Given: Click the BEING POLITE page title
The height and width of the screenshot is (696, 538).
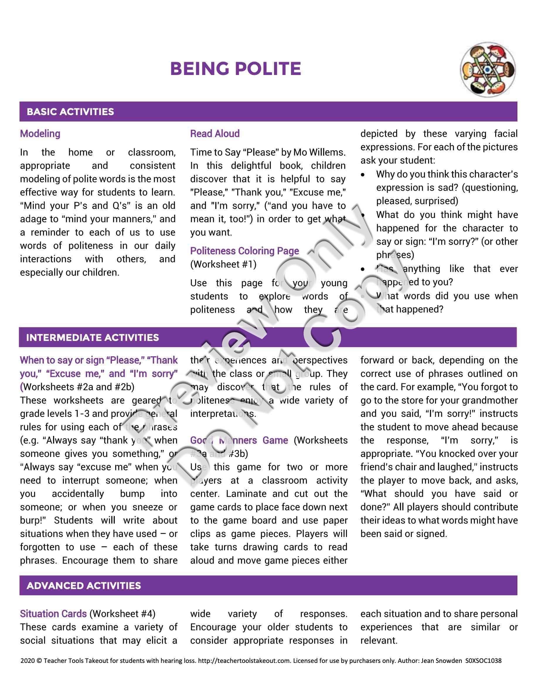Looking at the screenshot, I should [x=236, y=69].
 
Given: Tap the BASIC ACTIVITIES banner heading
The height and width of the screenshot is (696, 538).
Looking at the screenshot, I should [x=70, y=112].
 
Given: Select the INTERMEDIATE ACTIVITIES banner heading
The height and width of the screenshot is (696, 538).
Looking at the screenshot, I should [x=92, y=337].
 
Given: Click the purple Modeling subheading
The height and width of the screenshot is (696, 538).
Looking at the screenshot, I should [x=40, y=134].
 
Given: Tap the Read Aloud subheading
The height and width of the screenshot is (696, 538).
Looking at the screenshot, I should [x=215, y=134].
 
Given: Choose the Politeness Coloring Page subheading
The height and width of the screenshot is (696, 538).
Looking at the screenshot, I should [x=244, y=251].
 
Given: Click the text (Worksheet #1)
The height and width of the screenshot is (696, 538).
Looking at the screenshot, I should [x=223, y=265].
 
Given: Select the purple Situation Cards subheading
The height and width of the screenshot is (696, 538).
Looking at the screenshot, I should [x=53, y=614].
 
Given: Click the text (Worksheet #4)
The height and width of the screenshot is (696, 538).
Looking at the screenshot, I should [x=122, y=614].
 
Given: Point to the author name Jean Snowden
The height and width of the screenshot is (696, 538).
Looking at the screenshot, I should [x=441, y=661].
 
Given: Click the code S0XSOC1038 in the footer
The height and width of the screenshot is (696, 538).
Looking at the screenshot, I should [x=483, y=661].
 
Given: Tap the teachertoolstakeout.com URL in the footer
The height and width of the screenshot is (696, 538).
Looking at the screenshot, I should [x=244, y=661].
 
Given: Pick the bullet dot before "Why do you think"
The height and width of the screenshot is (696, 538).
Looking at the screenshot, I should [x=363, y=175].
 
